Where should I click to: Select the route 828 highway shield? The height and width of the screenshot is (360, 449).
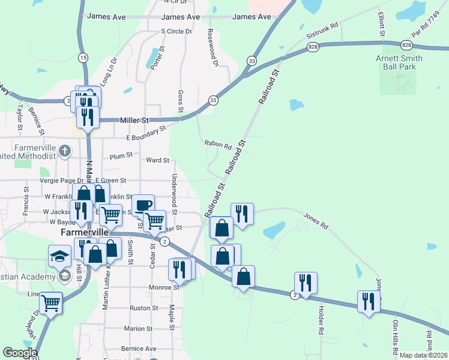(x=313, y=46)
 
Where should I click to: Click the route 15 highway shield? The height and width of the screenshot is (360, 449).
(x=83, y=57)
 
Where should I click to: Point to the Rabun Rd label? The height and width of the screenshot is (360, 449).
(x=217, y=145)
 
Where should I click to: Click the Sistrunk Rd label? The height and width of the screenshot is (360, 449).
(x=322, y=32)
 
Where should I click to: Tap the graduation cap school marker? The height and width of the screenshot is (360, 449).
(x=59, y=256)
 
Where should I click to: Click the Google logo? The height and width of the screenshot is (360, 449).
(x=20, y=353)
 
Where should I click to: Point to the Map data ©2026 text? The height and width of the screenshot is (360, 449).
(x=423, y=355)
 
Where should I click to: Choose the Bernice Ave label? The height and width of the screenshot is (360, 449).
(x=138, y=349)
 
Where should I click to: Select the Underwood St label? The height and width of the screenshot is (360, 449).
(x=174, y=194)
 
